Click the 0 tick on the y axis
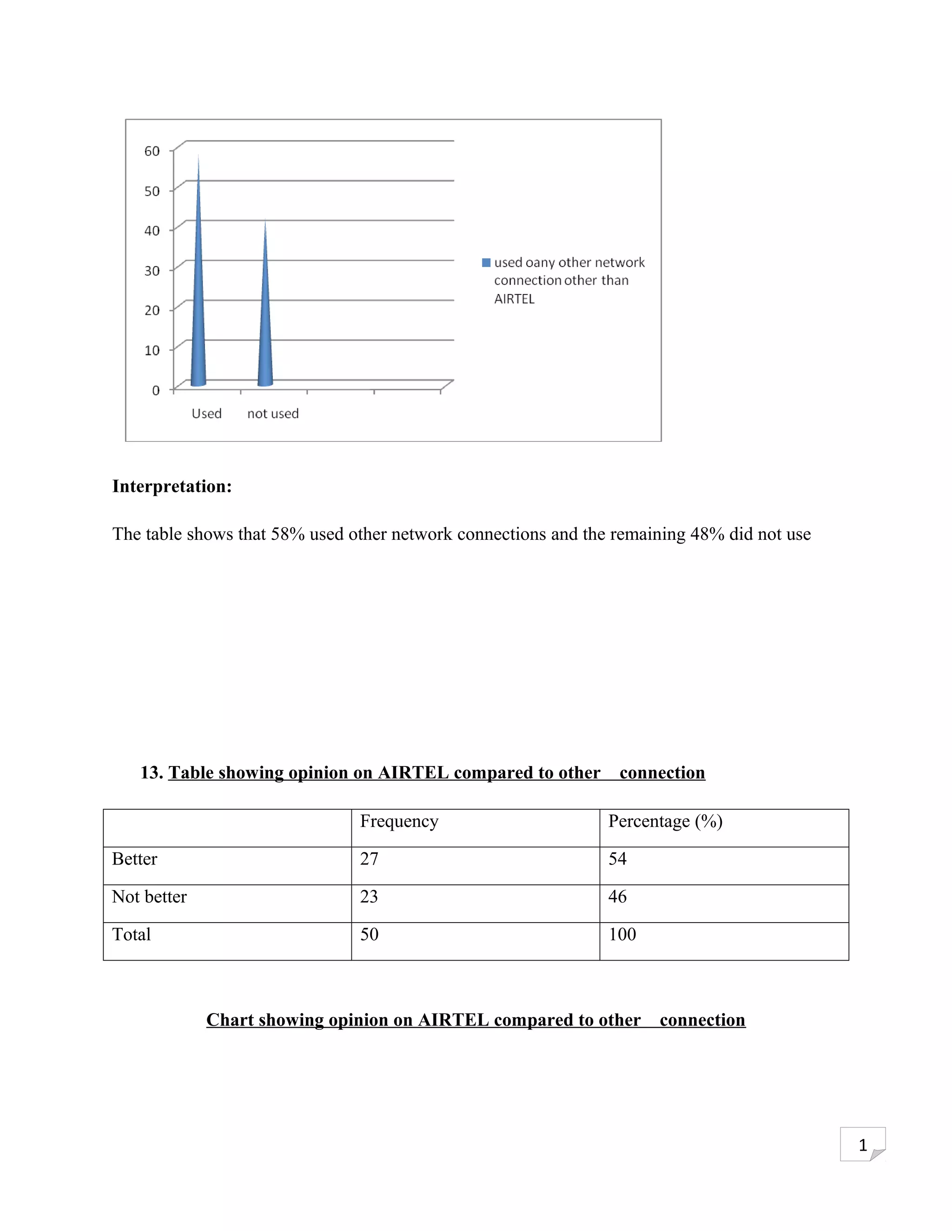point(156,390)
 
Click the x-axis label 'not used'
point(273,414)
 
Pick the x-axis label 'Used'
point(206,414)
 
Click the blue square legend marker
point(486,262)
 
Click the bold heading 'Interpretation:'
point(172,486)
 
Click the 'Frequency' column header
point(399,821)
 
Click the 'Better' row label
point(135,859)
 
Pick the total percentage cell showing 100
point(622,935)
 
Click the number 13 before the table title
point(151,772)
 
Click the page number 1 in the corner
point(862,1146)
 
